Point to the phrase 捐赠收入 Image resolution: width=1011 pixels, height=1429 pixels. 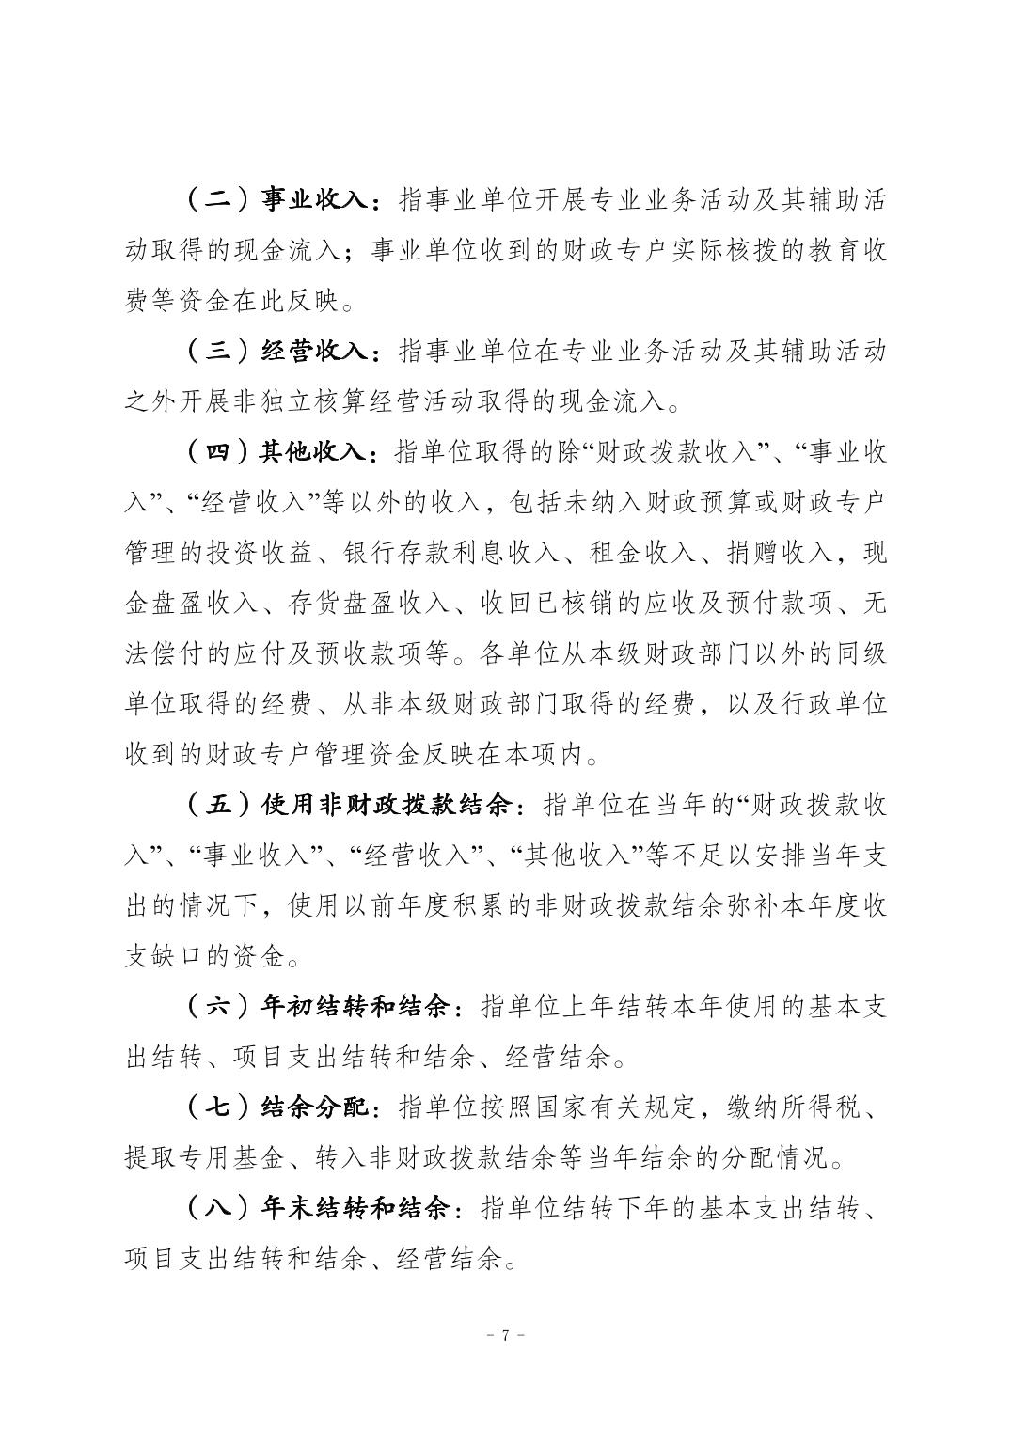point(781,553)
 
